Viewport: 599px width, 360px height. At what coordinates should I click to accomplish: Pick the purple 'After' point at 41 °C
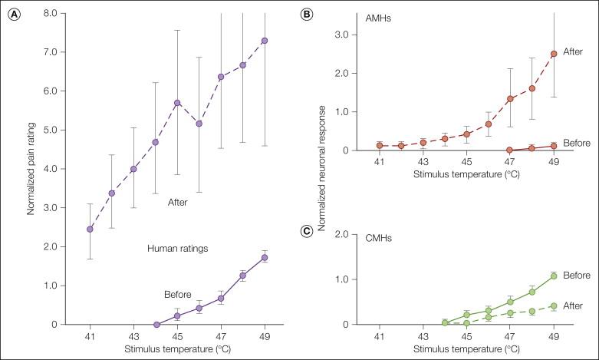pos(90,229)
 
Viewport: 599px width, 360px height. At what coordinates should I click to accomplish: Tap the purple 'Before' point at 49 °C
pos(265,257)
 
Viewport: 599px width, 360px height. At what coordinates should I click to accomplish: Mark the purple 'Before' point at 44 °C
pos(156,324)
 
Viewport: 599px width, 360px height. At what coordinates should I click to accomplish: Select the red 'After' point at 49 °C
pos(553,54)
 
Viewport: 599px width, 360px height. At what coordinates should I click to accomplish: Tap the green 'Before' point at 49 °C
pos(553,276)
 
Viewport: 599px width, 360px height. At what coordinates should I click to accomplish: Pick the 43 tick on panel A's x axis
pos(133,338)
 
